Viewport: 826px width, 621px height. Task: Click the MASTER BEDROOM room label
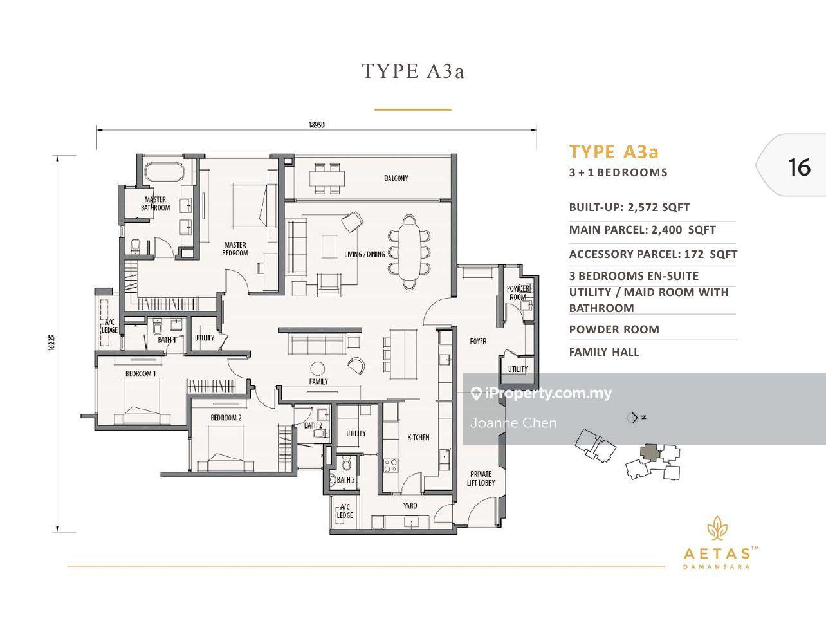tap(235, 248)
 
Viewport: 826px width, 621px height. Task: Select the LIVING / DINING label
tap(365, 254)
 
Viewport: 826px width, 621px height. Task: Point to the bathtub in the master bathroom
tap(163, 172)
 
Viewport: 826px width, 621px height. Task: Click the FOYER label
tap(478, 341)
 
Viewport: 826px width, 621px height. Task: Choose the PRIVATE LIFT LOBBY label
tap(481, 477)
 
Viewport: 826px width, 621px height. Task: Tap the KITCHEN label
tap(418, 438)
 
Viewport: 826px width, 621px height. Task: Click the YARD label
tap(410, 505)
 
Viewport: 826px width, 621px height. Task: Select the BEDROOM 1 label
tap(140, 374)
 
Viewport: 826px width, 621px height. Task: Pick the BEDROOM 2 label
tap(226, 418)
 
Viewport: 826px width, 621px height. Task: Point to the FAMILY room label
tap(318, 382)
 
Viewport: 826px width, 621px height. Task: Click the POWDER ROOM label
tap(518, 293)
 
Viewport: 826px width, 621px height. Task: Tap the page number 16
tap(799, 167)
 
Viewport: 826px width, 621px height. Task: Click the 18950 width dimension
tap(317, 125)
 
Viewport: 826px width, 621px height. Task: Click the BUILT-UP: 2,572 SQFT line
tap(629, 207)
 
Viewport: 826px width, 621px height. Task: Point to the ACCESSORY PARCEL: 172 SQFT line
tap(653, 254)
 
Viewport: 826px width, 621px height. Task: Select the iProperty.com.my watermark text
tap(548, 393)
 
